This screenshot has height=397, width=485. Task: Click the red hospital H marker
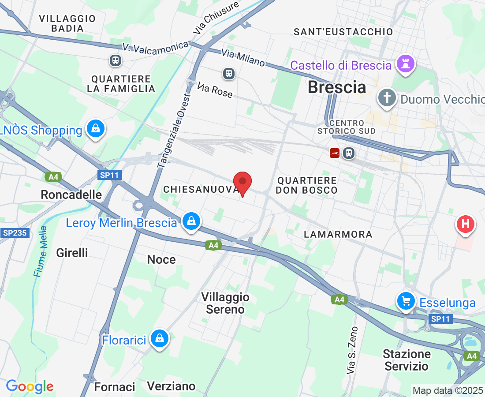[x=465, y=224]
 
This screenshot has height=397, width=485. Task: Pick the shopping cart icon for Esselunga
[x=406, y=301]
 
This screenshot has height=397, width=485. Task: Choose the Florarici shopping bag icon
[x=158, y=338]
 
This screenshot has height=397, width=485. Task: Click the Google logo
[x=30, y=386]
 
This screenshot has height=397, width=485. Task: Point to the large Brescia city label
[x=337, y=87]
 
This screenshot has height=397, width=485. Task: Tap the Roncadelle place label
[x=71, y=195]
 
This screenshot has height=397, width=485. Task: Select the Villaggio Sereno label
[x=225, y=303]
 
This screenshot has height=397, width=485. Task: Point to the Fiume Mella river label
[x=40, y=251]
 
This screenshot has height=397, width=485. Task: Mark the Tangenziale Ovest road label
[x=174, y=131]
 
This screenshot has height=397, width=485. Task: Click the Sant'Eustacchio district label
[x=343, y=32]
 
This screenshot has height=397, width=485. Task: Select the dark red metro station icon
[x=335, y=153]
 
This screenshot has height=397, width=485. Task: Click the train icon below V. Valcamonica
[x=116, y=60]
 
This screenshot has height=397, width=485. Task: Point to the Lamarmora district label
[x=338, y=234]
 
